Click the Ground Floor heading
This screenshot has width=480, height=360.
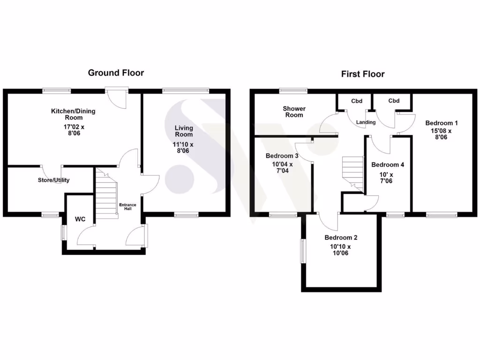pyautogui.click(x=116, y=73)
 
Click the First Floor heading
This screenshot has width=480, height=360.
pyautogui.click(x=362, y=74)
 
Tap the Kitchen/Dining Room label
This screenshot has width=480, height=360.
pyautogui.click(x=73, y=114)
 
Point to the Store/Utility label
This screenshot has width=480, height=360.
pyautogui.click(x=53, y=180)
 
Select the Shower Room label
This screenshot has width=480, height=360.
pyautogui.click(x=294, y=112)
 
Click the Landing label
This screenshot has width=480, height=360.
pyautogui.click(x=366, y=122)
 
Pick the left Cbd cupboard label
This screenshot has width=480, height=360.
pyautogui.click(x=357, y=101)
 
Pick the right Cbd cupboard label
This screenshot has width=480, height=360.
pyautogui.click(x=394, y=101)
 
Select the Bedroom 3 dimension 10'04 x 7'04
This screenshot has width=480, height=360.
pyautogui.click(x=282, y=167)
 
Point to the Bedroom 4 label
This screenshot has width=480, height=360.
pyautogui.click(x=388, y=165)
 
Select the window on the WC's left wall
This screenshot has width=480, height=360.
pyautogui.click(x=64, y=232)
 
